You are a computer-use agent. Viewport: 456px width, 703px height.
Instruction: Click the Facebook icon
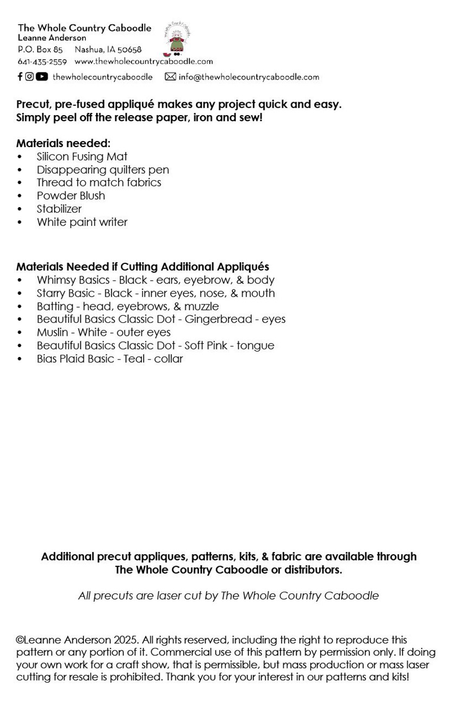pyautogui.click(x=20, y=77)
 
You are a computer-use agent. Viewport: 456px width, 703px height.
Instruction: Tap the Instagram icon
pyautogui.click(x=30, y=77)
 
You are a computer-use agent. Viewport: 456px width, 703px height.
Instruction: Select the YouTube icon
pyautogui.click(x=42, y=77)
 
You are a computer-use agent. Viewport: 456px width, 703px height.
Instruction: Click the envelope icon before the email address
pyautogui.click(x=170, y=77)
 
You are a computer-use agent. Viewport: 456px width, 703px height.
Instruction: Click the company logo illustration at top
pyautogui.click(x=177, y=39)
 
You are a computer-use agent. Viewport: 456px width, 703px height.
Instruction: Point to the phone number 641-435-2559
pyautogui.click(x=42, y=62)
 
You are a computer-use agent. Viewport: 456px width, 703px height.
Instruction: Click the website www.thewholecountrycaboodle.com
pyautogui.click(x=144, y=62)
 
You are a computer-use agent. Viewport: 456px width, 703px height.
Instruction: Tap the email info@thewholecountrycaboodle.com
pyautogui.click(x=249, y=77)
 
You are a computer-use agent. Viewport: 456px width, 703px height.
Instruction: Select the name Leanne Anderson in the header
pyautogui.click(x=52, y=38)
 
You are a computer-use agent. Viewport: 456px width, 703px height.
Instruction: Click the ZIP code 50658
pyautogui.click(x=129, y=50)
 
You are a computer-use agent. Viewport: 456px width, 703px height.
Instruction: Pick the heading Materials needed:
pyautogui.click(x=63, y=143)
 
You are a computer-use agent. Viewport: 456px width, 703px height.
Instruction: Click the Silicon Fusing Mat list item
pyautogui.click(x=82, y=157)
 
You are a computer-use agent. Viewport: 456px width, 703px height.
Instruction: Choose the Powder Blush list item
pyautogui.click(x=71, y=196)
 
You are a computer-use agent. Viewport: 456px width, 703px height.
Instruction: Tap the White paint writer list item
pyautogui.click(x=82, y=222)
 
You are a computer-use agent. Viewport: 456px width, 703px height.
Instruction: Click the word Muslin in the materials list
pyautogui.click(x=54, y=333)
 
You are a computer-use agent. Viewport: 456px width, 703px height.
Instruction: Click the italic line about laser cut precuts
pyautogui.click(x=228, y=596)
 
